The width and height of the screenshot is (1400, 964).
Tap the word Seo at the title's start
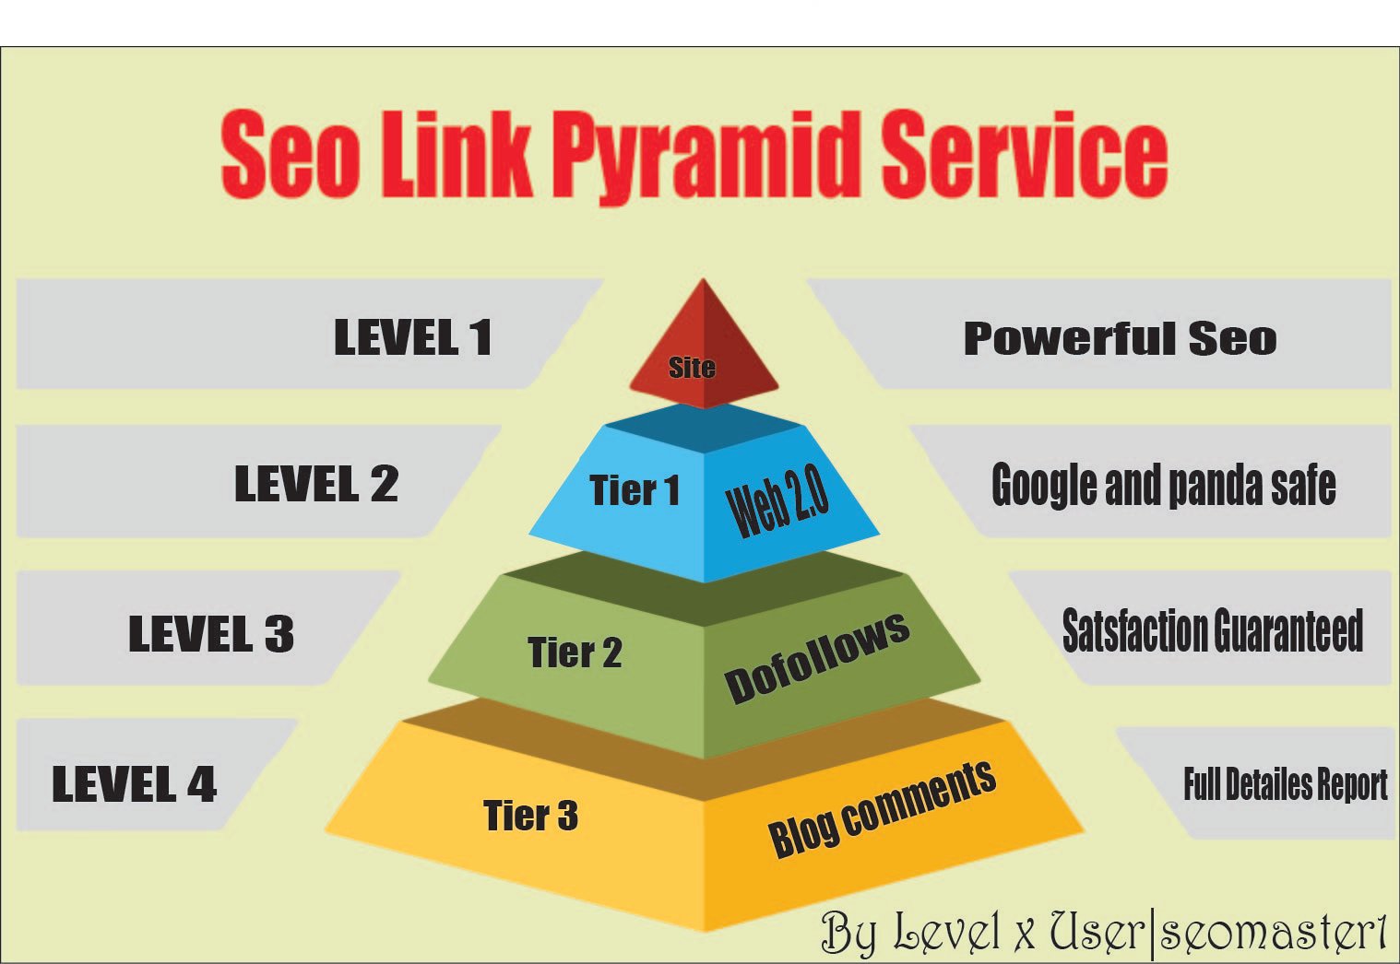290,154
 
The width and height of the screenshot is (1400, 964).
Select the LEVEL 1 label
412,338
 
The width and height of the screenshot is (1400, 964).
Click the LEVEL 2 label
316,484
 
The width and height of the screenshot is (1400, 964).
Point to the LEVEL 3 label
211,634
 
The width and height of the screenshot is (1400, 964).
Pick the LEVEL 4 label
135,783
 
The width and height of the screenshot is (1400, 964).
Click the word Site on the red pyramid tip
692,367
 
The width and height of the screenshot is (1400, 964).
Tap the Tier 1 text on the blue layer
635,490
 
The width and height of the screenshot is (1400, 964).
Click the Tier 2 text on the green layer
575,652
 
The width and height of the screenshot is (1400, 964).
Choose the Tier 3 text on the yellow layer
530,815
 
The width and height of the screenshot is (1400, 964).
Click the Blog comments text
882,808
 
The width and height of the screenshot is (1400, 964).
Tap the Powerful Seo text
1120,339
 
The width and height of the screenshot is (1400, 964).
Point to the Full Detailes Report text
1285,784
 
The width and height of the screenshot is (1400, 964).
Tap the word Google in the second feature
1045,486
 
